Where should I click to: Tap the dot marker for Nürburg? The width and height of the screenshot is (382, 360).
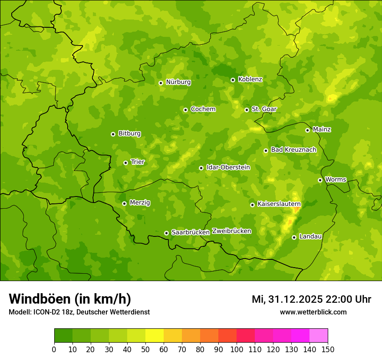click(161, 82)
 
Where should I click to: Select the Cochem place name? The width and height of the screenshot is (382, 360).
click(203, 109)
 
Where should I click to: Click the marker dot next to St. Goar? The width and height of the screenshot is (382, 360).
click(247, 110)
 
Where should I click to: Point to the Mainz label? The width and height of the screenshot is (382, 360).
click(322, 129)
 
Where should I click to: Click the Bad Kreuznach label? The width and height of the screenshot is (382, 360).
click(293, 150)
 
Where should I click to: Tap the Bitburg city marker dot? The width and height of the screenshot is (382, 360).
click(113, 134)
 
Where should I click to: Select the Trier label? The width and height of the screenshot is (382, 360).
click(138, 162)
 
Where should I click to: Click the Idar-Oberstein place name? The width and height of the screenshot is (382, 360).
click(228, 167)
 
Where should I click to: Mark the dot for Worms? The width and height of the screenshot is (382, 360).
click(320, 180)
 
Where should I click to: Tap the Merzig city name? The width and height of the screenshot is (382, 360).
click(140, 203)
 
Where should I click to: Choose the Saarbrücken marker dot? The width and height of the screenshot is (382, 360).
click(166, 233)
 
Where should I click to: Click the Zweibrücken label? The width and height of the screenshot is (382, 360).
click(231, 231)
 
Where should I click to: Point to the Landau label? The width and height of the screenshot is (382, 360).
click(310, 236)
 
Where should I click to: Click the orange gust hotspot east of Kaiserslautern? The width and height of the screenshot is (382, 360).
click(296, 209)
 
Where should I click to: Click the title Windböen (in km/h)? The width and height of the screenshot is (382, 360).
click(70, 299)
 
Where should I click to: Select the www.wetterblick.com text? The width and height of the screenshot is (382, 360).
click(313, 312)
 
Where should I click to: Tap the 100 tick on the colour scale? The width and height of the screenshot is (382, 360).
click(237, 350)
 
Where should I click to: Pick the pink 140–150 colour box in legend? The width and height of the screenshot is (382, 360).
click(319, 335)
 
